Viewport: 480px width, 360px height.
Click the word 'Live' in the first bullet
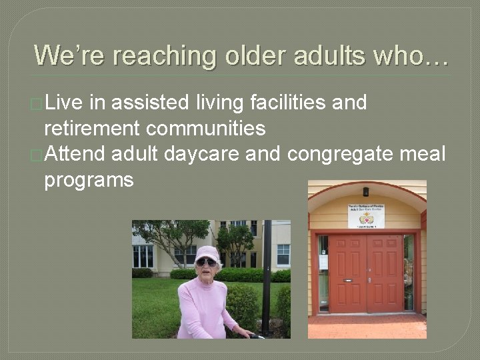[x=64, y=103]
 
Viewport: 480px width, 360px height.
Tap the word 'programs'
[x=89, y=180]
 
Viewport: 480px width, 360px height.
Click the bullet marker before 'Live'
[x=37, y=104]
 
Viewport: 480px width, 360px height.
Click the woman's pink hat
[x=207, y=253]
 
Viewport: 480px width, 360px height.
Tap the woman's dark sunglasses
[x=206, y=263]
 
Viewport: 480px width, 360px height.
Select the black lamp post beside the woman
[x=267, y=273]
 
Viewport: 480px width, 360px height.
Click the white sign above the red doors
[x=366, y=216]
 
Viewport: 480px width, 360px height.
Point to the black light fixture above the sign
[x=366, y=192]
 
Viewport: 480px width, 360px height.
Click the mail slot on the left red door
[x=347, y=281]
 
